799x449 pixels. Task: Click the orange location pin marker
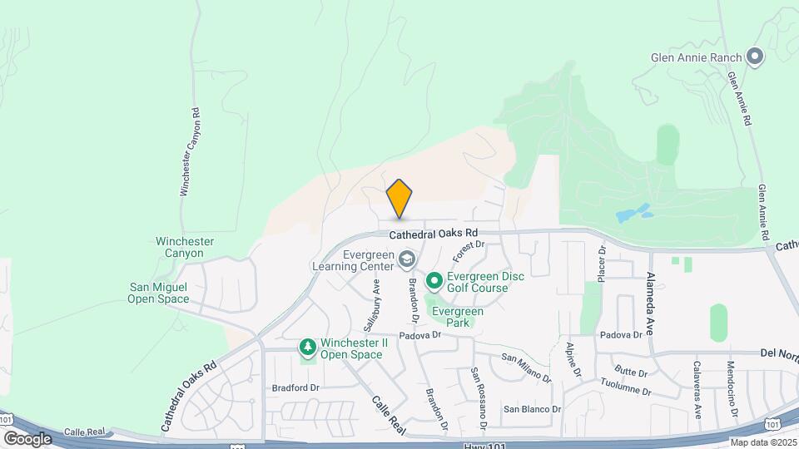point(399,199)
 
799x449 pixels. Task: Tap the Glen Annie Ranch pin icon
point(755,57)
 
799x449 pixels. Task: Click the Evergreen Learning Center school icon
point(407,260)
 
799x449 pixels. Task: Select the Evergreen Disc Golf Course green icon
point(434,282)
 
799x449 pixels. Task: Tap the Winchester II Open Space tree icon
point(308,347)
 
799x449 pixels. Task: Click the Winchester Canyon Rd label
point(190,153)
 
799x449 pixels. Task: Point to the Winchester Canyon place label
point(185,247)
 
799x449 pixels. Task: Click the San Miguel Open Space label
point(158,293)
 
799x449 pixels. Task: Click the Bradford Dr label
point(295,387)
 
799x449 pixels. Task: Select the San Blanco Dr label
point(529,409)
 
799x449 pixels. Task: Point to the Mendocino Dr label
point(732,390)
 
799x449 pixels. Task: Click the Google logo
point(27,438)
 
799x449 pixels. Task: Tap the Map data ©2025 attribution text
point(763,442)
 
